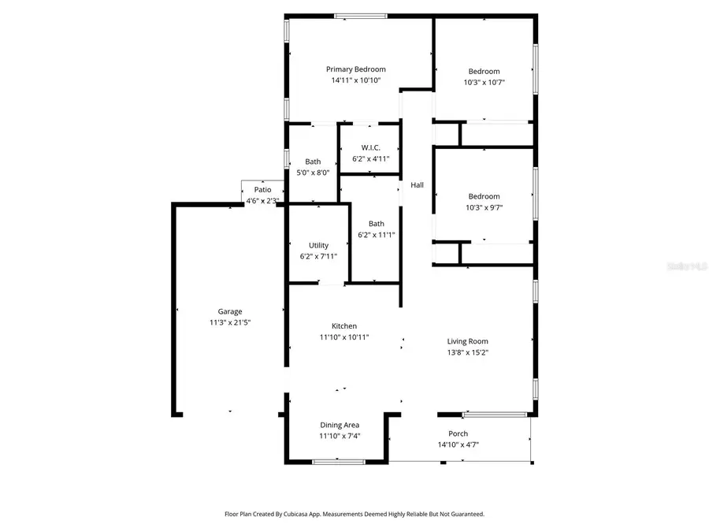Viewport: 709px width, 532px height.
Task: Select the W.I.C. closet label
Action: point(371,147)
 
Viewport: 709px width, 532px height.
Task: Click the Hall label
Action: point(417,185)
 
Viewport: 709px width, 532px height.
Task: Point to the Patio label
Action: point(262,190)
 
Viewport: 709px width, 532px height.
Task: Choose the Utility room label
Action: point(318,245)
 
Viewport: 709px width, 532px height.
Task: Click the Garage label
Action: point(230,311)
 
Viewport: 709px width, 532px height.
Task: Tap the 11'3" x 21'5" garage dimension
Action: point(230,322)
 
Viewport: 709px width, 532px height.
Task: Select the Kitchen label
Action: point(344,326)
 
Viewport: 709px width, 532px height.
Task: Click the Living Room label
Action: point(468,341)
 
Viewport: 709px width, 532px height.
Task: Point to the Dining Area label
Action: point(340,425)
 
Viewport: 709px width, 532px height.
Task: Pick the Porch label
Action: point(458,433)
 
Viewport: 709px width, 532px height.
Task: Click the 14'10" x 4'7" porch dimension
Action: point(458,445)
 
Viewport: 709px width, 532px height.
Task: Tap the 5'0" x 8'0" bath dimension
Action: point(313,173)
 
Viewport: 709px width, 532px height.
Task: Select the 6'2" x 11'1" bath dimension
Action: point(376,234)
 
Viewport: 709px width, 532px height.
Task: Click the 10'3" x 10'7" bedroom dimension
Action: point(484,82)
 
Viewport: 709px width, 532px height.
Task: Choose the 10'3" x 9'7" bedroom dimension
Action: point(484,207)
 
